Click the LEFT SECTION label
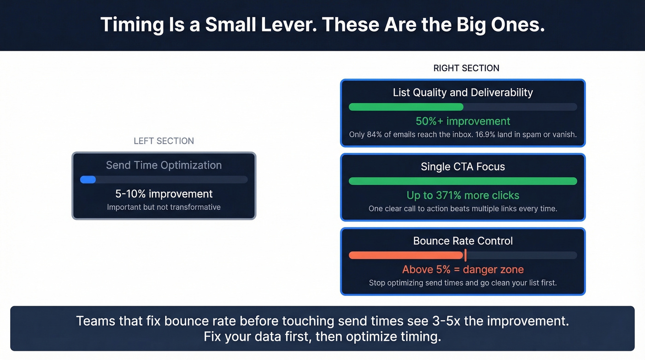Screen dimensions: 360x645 (x=164, y=141)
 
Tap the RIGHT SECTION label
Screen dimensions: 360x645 (x=466, y=68)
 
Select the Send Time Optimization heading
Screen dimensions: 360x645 (x=164, y=165)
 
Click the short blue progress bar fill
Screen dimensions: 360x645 (x=88, y=180)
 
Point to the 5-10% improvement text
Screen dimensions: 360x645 (x=164, y=194)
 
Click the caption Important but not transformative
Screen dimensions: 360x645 (x=164, y=207)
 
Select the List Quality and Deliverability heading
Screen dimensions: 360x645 (x=463, y=93)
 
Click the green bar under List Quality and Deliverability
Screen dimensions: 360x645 (x=406, y=107)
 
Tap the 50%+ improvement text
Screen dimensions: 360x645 (x=463, y=121)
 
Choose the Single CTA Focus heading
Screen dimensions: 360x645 (x=463, y=167)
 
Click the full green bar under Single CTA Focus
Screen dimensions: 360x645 (x=463, y=181)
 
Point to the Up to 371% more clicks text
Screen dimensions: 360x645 (x=463, y=195)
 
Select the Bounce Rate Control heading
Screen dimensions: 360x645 (x=463, y=241)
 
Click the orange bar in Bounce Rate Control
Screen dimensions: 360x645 (x=405, y=255)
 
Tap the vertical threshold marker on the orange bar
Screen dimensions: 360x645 (x=465, y=255)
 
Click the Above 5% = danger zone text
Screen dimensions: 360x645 (x=463, y=270)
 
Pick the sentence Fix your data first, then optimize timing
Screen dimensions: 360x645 (x=322, y=336)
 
